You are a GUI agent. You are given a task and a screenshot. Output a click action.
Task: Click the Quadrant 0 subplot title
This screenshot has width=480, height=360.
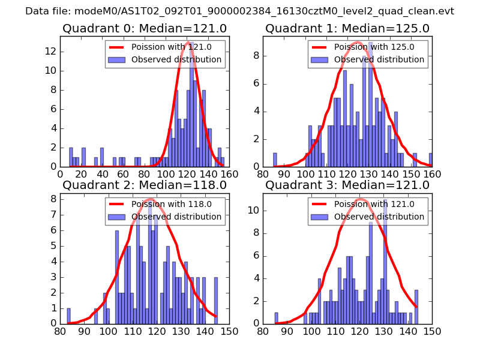tap(145, 28)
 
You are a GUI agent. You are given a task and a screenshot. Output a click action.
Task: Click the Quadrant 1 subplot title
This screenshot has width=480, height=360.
tap(347, 28)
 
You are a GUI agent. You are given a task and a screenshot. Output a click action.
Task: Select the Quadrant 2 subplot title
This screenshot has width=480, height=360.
tap(145, 185)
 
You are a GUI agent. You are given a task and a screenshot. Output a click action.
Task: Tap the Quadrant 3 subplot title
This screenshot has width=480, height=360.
tap(347, 185)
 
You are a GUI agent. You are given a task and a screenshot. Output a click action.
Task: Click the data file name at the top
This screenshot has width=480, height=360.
tap(239, 11)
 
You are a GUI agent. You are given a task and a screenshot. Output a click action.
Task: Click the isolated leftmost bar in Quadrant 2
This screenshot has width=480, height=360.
tap(68, 316)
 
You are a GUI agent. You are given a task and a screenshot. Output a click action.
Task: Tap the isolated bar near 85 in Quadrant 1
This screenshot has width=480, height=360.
tap(275, 160)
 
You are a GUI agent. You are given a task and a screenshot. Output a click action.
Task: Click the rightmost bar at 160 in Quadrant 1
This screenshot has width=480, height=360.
tap(431, 160)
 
